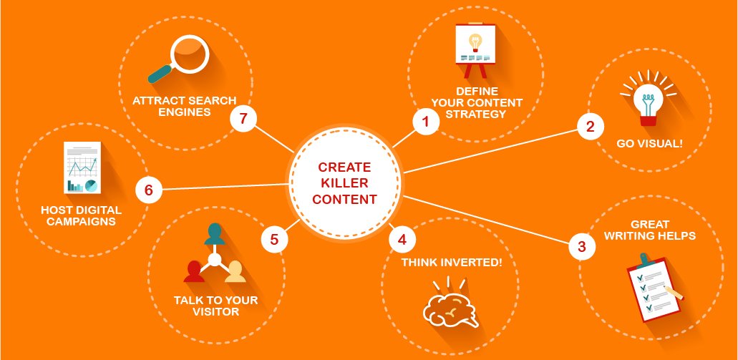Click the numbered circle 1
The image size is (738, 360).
point(426,122)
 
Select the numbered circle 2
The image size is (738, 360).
point(591,127)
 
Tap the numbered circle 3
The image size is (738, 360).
point(582,246)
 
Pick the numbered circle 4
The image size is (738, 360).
point(402,240)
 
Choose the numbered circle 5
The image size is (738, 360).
point(274,240)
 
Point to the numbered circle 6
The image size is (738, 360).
point(149,190)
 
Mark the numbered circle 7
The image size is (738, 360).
point(243,119)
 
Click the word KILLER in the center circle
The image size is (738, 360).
point(345,183)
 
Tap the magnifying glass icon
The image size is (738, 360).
point(178,59)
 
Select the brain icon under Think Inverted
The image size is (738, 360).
point(450,306)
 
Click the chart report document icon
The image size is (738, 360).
point(82,167)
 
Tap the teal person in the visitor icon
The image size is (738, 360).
point(215,234)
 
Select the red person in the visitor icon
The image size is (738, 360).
point(194,271)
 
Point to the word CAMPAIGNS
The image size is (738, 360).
point(81,221)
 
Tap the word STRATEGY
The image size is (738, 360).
point(476,114)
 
